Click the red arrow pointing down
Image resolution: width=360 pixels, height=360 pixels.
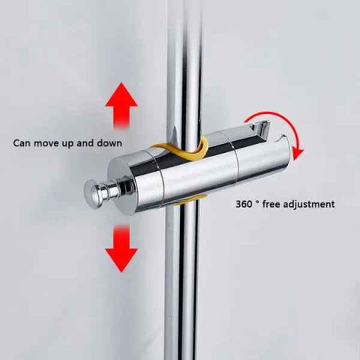click(121, 249)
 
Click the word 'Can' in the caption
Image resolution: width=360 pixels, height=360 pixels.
click(22, 143)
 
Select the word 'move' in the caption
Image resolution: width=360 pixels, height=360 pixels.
click(46, 144)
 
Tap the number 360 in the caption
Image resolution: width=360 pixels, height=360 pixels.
click(244, 204)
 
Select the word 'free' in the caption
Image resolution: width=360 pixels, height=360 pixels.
click(271, 204)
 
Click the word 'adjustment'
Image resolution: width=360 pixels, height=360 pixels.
click(309, 205)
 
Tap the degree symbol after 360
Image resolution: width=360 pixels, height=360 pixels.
click(257, 202)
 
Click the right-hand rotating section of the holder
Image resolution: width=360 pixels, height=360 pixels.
click(262, 160)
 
